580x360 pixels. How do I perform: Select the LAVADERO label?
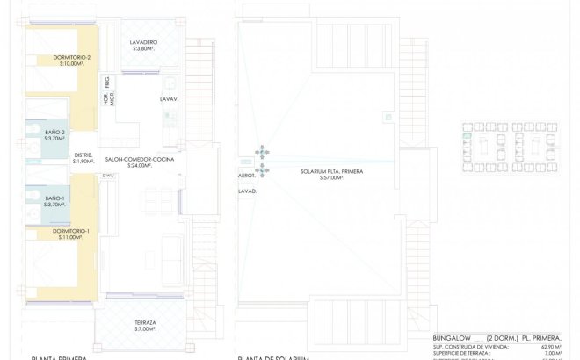click(143, 42)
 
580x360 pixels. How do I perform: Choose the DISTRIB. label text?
click(83, 155)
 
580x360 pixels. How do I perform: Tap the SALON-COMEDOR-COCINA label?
click(140, 159)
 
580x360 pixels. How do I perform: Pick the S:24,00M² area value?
click(140, 166)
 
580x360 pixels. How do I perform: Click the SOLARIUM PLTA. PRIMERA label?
click(330, 171)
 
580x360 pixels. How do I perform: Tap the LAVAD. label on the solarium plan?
click(247, 190)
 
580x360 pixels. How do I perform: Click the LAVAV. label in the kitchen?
click(169, 99)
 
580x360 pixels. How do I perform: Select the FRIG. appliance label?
click(107, 83)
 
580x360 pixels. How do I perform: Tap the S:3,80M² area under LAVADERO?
click(143, 49)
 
